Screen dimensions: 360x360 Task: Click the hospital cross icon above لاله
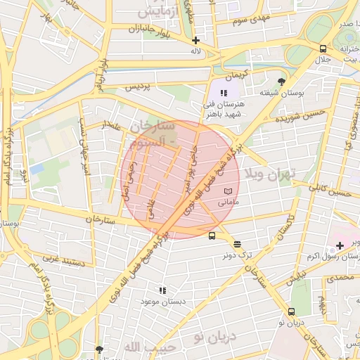pyautogui.click(x=195, y=40)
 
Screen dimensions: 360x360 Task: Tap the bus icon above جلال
pyautogui.click(x=323, y=49)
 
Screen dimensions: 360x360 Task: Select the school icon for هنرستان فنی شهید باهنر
pyautogui.click(x=224, y=93)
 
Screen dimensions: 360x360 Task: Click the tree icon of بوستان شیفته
pyautogui.click(x=282, y=81)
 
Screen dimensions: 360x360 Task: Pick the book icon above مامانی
pyautogui.click(x=226, y=191)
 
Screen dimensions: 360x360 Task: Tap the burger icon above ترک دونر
pyautogui.click(x=238, y=244)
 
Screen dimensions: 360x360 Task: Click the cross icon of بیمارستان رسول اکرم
pyautogui.click(x=340, y=245)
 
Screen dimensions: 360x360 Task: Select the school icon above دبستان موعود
pyautogui.click(x=162, y=290)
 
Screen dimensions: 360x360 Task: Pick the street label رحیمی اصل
pyautogui.click(x=127, y=181)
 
